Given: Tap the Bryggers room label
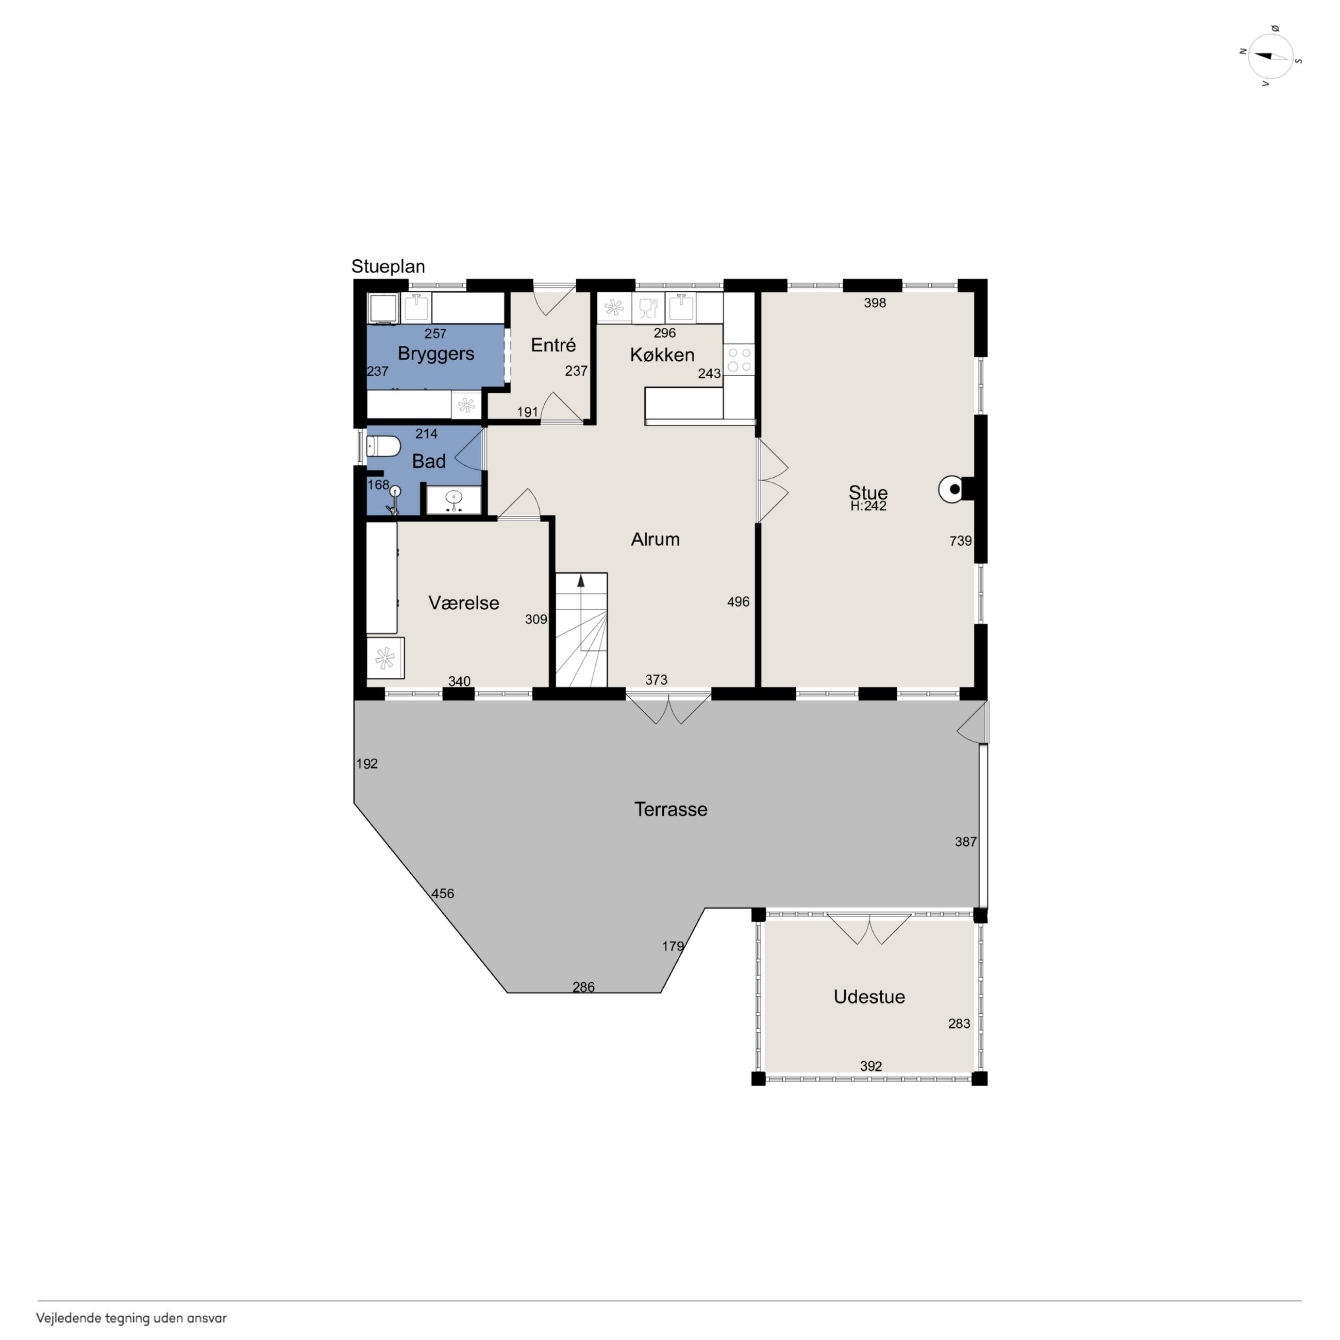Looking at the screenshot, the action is point(435,354).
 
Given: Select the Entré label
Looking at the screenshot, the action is point(553,345).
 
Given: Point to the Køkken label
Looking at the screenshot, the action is point(662,355).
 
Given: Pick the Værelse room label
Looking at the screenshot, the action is point(463,602).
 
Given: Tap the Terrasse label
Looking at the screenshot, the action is point(670,809).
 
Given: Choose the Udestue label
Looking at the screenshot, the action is point(868,997).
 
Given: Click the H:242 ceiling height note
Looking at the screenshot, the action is point(868,506).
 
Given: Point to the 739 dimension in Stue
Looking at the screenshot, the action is point(960,541).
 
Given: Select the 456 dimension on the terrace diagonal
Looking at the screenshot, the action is point(443,893).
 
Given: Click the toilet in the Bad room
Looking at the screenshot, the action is point(383,446).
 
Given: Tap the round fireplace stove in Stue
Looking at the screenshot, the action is point(951,490).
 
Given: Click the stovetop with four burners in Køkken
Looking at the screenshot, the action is point(739,360).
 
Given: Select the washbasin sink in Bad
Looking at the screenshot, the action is point(454,499).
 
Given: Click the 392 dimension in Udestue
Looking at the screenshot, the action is point(870,1066).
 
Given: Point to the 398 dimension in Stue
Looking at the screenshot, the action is point(875,303).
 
